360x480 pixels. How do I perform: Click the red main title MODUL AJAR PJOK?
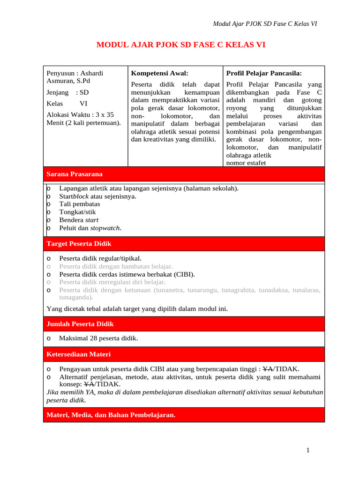(180, 45)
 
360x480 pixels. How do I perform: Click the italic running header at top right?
(265, 24)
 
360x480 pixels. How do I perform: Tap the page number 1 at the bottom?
(307, 450)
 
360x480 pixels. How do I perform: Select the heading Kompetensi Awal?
(159, 73)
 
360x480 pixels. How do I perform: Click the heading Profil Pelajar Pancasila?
(264, 73)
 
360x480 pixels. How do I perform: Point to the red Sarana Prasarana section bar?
(184, 174)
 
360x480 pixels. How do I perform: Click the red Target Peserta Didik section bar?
(184, 244)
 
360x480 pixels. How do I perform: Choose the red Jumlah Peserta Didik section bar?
(184, 324)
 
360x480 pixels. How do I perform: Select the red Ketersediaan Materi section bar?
(184, 354)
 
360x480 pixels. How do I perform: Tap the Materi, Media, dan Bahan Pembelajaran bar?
(184, 415)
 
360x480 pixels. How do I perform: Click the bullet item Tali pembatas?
(79, 204)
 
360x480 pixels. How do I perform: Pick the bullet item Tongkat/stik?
(77, 212)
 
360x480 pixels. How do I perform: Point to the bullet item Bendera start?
(79, 220)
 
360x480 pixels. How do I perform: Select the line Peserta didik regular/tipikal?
(100, 258)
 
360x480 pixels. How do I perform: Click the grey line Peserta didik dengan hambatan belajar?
(116, 266)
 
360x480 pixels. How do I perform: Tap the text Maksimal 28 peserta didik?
(98, 338)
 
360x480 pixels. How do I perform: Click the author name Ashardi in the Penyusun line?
(92, 73)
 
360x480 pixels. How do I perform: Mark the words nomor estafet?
(246, 163)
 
